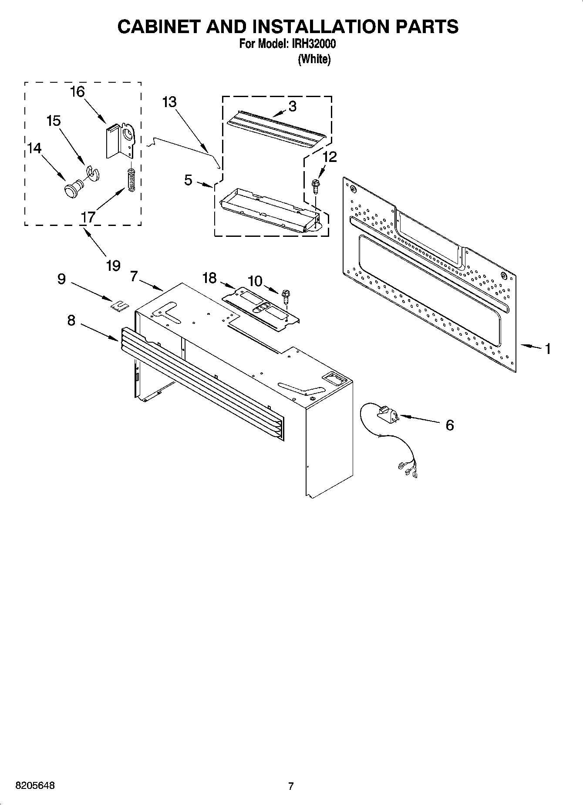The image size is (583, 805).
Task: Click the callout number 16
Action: point(77,92)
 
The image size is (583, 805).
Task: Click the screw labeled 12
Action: point(315,185)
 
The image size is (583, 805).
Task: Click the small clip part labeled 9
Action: point(119,306)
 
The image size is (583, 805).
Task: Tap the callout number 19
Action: point(113,266)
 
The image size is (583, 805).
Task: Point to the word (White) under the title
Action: point(314,60)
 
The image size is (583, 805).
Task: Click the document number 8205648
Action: point(35,786)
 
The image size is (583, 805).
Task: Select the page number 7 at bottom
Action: point(291,786)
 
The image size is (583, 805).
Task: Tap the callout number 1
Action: point(548,349)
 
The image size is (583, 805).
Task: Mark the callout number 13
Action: point(169,102)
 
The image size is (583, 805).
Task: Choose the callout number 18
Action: point(209,278)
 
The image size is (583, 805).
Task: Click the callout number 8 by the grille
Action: point(71,321)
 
